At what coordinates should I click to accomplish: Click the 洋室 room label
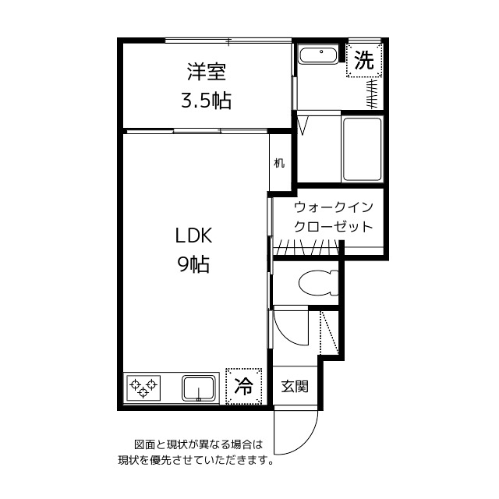click(206, 72)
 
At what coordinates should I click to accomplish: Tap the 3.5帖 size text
click(206, 101)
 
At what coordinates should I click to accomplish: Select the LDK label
click(193, 235)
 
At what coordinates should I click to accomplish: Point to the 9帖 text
click(193, 264)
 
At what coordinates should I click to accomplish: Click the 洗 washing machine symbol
click(364, 60)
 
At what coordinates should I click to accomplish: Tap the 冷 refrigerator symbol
click(244, 387)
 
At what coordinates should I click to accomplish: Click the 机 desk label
click(279, 163)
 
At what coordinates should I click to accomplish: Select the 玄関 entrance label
click(295, 387)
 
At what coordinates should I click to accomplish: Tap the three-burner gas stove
click(143, 388)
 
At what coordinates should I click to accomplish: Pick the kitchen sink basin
click(199, 388)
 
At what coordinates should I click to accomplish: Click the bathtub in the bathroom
click(362, 149)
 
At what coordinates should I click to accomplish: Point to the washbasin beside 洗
click(319, 55)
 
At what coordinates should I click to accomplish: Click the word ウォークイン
click(333, 207)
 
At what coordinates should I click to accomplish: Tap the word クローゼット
click(333, 227)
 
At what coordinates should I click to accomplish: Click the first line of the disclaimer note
click(199, 444)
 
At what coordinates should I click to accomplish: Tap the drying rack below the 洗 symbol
click(372, 94)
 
